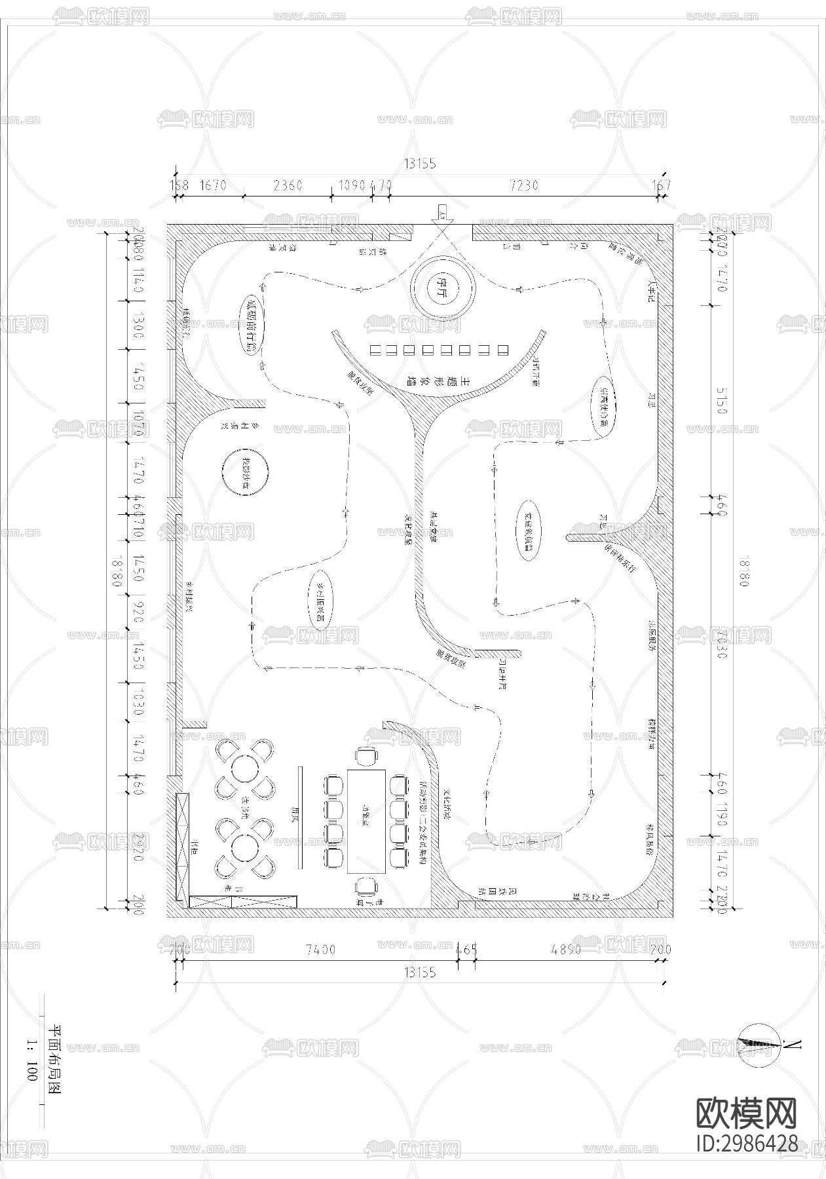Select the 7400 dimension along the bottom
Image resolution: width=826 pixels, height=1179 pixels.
[x=320, y=949]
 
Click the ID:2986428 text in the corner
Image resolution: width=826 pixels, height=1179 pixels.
[x=747, y=1143]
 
